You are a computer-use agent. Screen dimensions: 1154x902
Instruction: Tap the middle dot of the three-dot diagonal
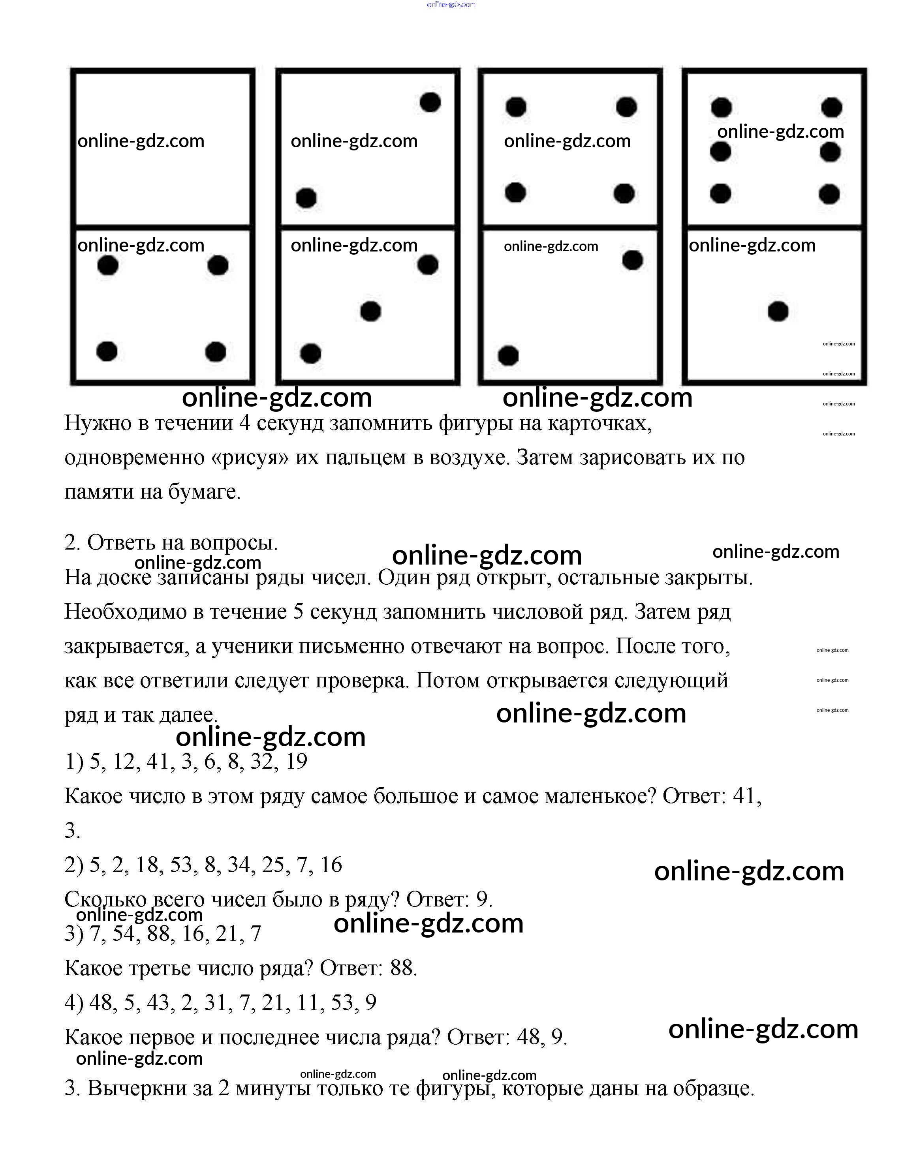tap(370, 311)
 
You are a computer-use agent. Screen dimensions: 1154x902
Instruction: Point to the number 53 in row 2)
tap(181, 865)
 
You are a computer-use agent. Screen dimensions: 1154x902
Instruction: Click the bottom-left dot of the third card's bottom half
tap(508, 356)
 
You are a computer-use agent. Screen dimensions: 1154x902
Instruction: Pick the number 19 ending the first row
tap(297, 762)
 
